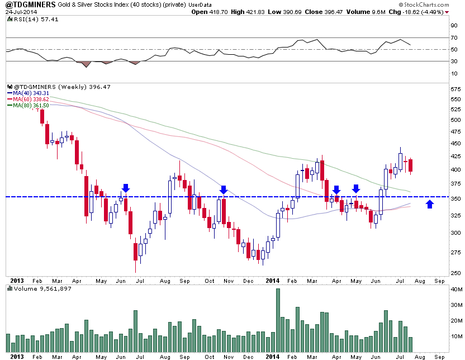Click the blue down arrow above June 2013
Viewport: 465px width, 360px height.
pyautogui.click(x=126, y=188)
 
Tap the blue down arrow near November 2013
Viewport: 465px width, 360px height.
pyautogui.click(x=223, y=190)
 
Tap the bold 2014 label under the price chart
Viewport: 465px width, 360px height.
pyautogui.click(x=273, y=280)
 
